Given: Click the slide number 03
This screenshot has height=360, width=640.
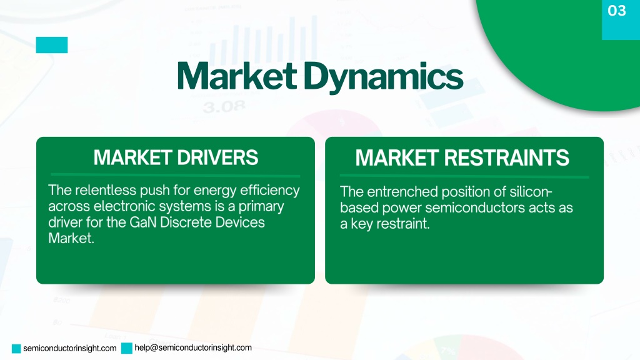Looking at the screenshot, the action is [x=616, y=11].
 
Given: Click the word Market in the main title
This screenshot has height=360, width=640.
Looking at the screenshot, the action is [x=237, y=76].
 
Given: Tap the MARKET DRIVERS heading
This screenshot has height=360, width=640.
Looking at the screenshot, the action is [x=176, y=157].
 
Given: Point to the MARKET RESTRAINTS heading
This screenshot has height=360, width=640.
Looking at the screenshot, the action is [x=462, y=157].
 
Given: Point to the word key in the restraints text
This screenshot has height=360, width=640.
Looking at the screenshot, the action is [x=362, y=224].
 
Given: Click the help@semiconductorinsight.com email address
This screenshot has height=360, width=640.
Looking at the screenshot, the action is [x=193, y=347].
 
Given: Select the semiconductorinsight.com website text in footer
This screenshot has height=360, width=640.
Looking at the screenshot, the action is [x=70, y=348].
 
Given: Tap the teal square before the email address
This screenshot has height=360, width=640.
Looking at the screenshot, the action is [x=127, y=348].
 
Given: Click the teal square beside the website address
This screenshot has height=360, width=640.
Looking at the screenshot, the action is [x=16, y=349].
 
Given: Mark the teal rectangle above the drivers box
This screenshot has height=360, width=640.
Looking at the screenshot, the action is [x=52, y=45].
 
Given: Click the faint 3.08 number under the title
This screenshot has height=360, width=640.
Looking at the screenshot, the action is [x=224, y=107].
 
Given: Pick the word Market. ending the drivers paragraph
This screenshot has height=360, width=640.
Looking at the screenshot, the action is [x=71, y=238].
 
